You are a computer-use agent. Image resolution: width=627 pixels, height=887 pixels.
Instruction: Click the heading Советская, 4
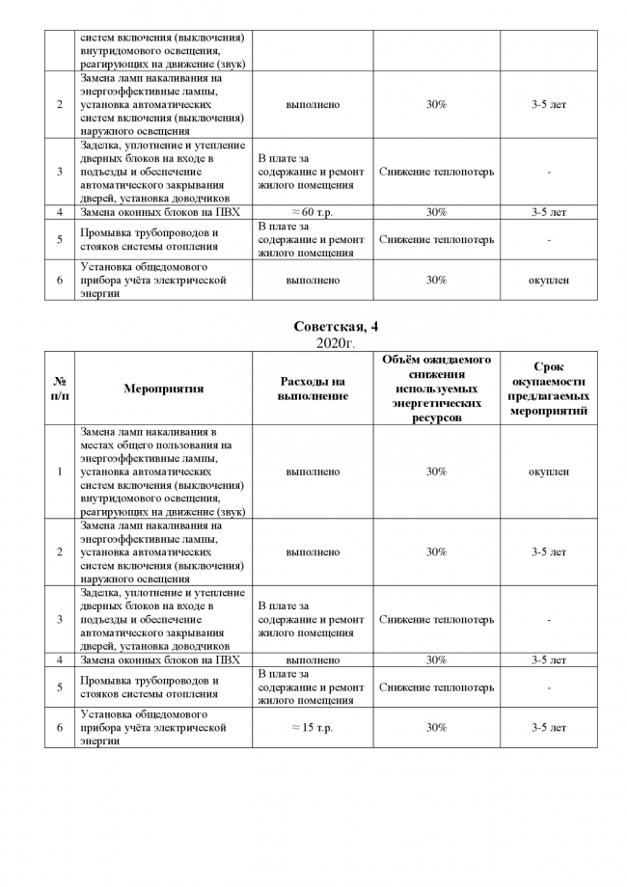313,329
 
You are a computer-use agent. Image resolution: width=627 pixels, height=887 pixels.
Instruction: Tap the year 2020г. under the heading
313,343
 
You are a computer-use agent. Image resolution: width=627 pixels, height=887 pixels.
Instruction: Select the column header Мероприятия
163,389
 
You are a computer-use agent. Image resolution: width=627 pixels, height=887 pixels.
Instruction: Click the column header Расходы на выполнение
313,389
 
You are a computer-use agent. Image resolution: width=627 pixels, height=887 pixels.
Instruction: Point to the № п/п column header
59,389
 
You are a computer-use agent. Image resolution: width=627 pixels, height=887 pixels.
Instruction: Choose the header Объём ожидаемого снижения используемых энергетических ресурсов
436,389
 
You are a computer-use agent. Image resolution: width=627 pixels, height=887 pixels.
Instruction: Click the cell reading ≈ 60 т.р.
313,212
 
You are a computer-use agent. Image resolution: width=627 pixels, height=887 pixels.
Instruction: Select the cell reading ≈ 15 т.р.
313,727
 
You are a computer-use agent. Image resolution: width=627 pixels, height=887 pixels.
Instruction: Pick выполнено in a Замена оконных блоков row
313,660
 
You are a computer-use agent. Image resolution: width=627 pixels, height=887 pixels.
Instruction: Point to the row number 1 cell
59,471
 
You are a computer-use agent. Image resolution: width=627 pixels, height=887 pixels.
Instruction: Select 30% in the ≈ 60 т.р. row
436,212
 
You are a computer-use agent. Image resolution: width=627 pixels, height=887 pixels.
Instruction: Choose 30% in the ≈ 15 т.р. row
436,727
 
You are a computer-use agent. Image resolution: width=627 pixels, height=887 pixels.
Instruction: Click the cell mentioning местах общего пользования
163,471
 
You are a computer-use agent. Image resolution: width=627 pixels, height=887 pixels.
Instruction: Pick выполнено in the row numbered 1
313,471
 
